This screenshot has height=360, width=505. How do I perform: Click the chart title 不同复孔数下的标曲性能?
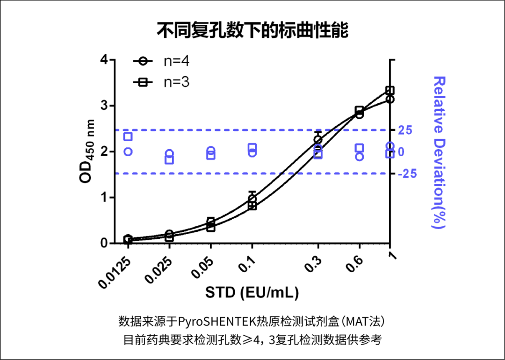(x=252, y=31)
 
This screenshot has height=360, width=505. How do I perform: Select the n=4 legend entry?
(x=161, y=61)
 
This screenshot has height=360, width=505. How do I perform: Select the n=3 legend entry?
(x=161, y=82)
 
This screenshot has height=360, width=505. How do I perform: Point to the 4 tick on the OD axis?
(x=104, y=60)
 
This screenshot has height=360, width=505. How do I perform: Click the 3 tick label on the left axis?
(x=104, y=106)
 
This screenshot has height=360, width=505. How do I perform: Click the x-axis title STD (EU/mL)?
(x=252, y=293)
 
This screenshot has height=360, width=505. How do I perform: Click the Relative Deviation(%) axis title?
(x=438, y=152)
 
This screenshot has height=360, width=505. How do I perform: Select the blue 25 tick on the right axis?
(x=405, y=130)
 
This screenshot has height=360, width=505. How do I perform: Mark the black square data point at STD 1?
(x=390, y=90)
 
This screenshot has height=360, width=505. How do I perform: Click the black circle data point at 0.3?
(x=318, y=139)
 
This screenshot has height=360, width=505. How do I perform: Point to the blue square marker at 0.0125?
(x=128, y=137)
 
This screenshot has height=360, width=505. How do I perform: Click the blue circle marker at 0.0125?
(x=128, y=151)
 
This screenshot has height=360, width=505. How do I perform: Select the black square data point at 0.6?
(x=359, y=111)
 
